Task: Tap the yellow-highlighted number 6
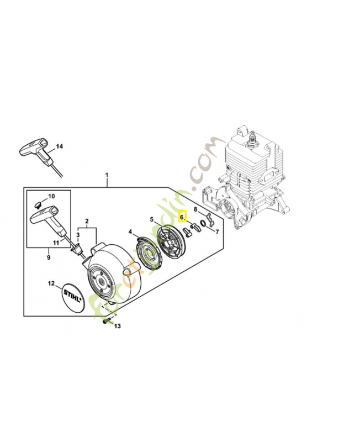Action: point(182,218)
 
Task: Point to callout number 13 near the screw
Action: point(117,327)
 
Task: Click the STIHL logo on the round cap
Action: point(73,298)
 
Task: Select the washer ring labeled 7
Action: point(204,224)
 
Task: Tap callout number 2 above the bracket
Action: point(86,222)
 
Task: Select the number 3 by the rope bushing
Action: point(78,235)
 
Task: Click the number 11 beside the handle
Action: point(56,243)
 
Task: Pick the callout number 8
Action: point(195,209)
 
